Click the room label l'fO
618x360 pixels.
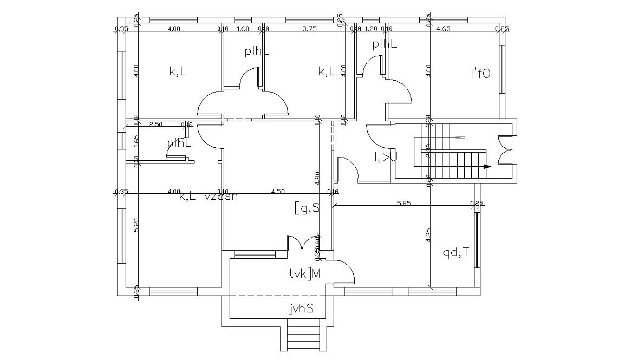(x=480, y=74)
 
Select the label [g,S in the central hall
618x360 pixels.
(x=307, y=207)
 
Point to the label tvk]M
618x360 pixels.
(x=305, y=274)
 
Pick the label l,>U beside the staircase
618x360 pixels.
(x=386, y=157)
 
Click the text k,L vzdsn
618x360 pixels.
(x=208, y=197)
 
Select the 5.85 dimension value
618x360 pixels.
(x=404, y=203)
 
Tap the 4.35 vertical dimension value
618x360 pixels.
(x=428, y=234)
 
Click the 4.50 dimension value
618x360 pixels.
(x=277, y=191)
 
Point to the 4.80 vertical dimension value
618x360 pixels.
(x=317, y=179)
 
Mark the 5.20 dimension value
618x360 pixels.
(x=135, y=225)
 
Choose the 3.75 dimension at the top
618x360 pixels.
(x=309, y=29)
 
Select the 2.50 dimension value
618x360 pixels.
(x=155, y=124)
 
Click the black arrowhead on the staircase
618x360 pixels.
(x=487, y=167)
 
